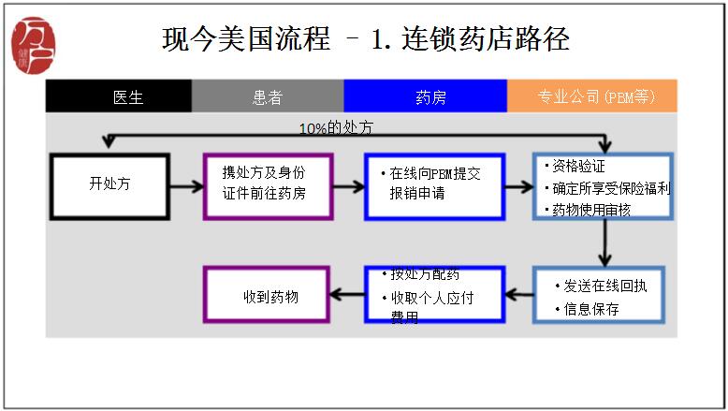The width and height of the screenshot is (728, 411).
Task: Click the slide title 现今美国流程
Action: point(365,39)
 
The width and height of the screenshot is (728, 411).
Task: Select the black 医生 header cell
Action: point(118,96)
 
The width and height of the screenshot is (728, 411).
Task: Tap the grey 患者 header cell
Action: point(267,96)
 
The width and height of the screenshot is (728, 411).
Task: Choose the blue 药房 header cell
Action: point(425,96)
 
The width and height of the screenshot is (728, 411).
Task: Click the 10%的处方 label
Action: point(342,127)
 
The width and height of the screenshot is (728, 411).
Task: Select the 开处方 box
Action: point(110,184)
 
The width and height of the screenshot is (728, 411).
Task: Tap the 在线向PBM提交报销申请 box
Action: point(434,184)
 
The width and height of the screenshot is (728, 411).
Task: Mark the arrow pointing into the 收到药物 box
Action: point(347,296)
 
